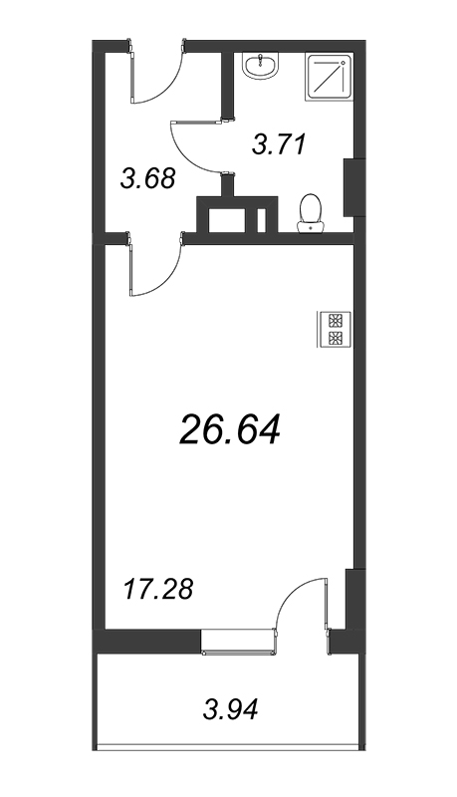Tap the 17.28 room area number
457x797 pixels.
(x=159, y=588)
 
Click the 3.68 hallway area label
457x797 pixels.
(x=147, y=179)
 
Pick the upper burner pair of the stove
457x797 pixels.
(x=335, y=321)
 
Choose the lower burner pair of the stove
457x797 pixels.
(x=335, y=339)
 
